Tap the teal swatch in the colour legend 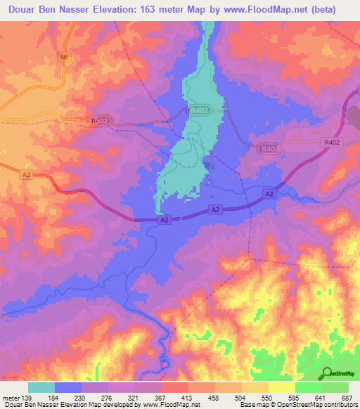(41, 387)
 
